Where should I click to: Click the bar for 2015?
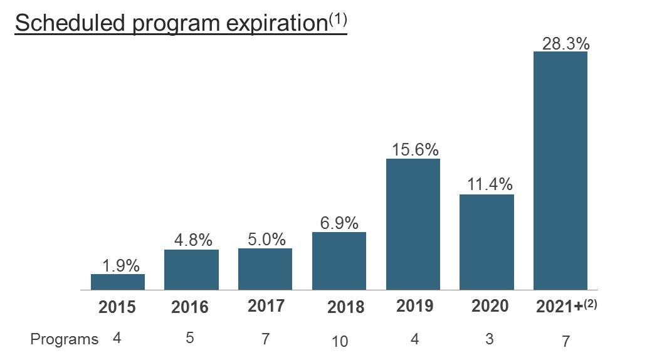[x=118, y=282]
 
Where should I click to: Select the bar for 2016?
[x=191, y=270]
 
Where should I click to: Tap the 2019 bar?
[x=413, y=224]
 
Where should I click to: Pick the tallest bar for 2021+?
[x=560, y=171]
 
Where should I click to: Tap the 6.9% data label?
[x=339, y=223]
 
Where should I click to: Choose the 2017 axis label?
[x=266, y=306]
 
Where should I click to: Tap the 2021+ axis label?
[x=559, y=307]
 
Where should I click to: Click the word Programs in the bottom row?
[x=65, y=339]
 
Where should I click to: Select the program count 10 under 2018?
[x=339, y=342]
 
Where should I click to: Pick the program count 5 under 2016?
[x=189, y=338]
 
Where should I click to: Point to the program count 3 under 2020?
[x=489, y=339]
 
